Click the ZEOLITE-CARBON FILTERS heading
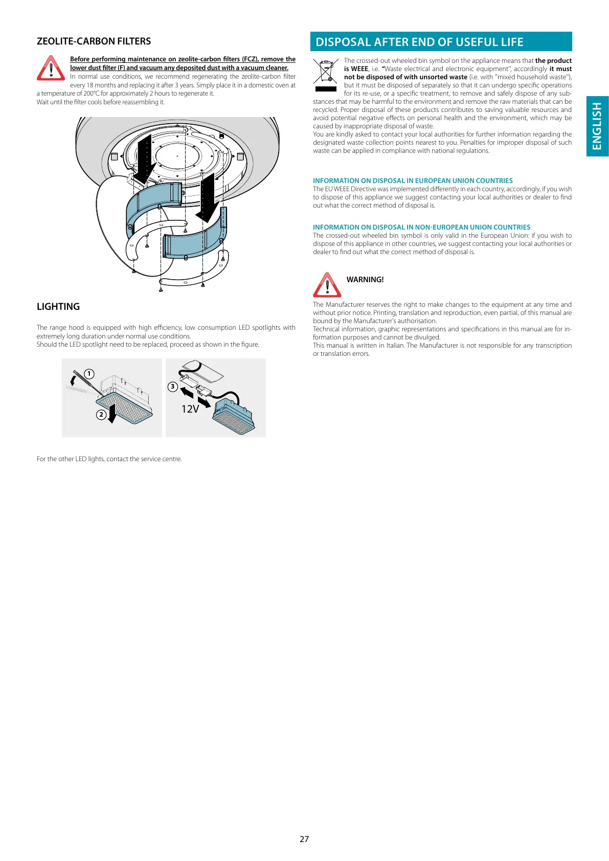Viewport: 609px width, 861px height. tap(94, 41)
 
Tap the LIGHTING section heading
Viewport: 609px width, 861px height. tap(58, 307)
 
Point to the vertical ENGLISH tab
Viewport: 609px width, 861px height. tap(597, 126)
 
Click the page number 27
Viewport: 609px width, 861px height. tap(304, 839)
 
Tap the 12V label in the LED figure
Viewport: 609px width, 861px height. tap(190, 409)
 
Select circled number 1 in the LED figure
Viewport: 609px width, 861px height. tap(89, 374)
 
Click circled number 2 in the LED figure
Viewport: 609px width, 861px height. tap(101, 414)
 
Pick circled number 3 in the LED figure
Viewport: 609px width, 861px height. tap(173, 387)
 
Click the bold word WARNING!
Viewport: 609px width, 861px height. tap(365, 280)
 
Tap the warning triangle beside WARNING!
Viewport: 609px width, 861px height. tap(327, 285)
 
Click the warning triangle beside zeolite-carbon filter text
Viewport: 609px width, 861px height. tap(51, 69)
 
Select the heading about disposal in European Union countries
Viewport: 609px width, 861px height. tap(413, 181)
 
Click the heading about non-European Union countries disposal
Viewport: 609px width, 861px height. tap(421, 228)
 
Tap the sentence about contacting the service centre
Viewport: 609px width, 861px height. tap(109, 459)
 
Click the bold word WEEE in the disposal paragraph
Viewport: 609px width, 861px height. tap(359, 69)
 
